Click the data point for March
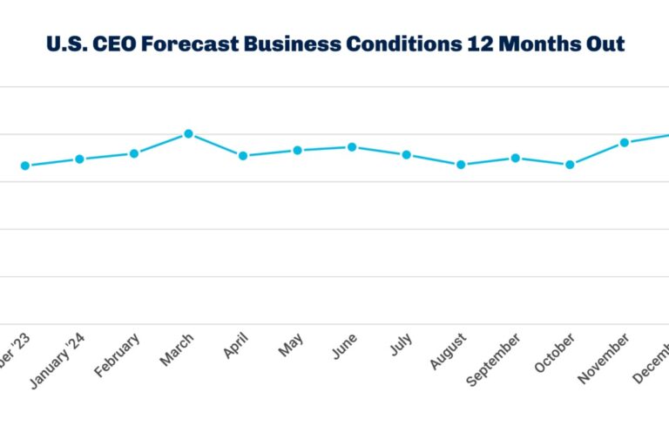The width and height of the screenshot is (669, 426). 188,134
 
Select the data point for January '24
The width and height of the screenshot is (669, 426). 79,159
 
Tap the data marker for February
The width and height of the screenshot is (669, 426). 134,153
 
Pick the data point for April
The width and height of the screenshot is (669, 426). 243,156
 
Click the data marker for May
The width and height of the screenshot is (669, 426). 297,151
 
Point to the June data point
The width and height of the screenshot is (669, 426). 352,147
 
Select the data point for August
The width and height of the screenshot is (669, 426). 461,165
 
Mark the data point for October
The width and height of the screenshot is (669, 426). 570,165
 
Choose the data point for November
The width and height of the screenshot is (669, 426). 624,142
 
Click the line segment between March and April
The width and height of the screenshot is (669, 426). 216,145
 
